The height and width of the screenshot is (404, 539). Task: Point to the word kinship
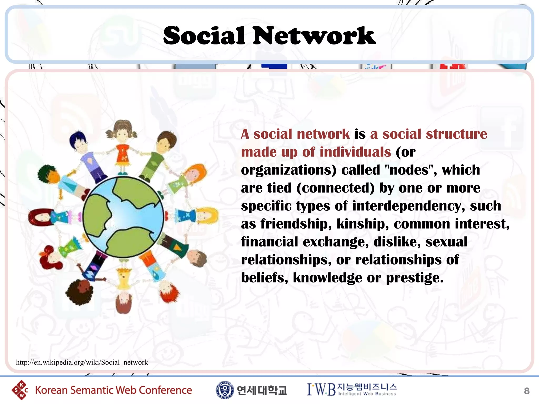tap(362, 224)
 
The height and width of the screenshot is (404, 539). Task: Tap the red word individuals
tap(355, 152)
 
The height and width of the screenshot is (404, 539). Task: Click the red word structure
tap(456, 134)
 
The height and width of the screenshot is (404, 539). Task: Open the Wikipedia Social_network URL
tap(82, 362)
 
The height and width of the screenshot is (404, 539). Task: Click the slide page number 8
tap(526, 391)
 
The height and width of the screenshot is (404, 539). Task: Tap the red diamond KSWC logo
tap(20, 390)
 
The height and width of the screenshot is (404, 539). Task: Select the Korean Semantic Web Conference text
tap(113, 390)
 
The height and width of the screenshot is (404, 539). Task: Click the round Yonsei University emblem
tap(224, 390)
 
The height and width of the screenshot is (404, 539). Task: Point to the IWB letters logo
tap(321, 390)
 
